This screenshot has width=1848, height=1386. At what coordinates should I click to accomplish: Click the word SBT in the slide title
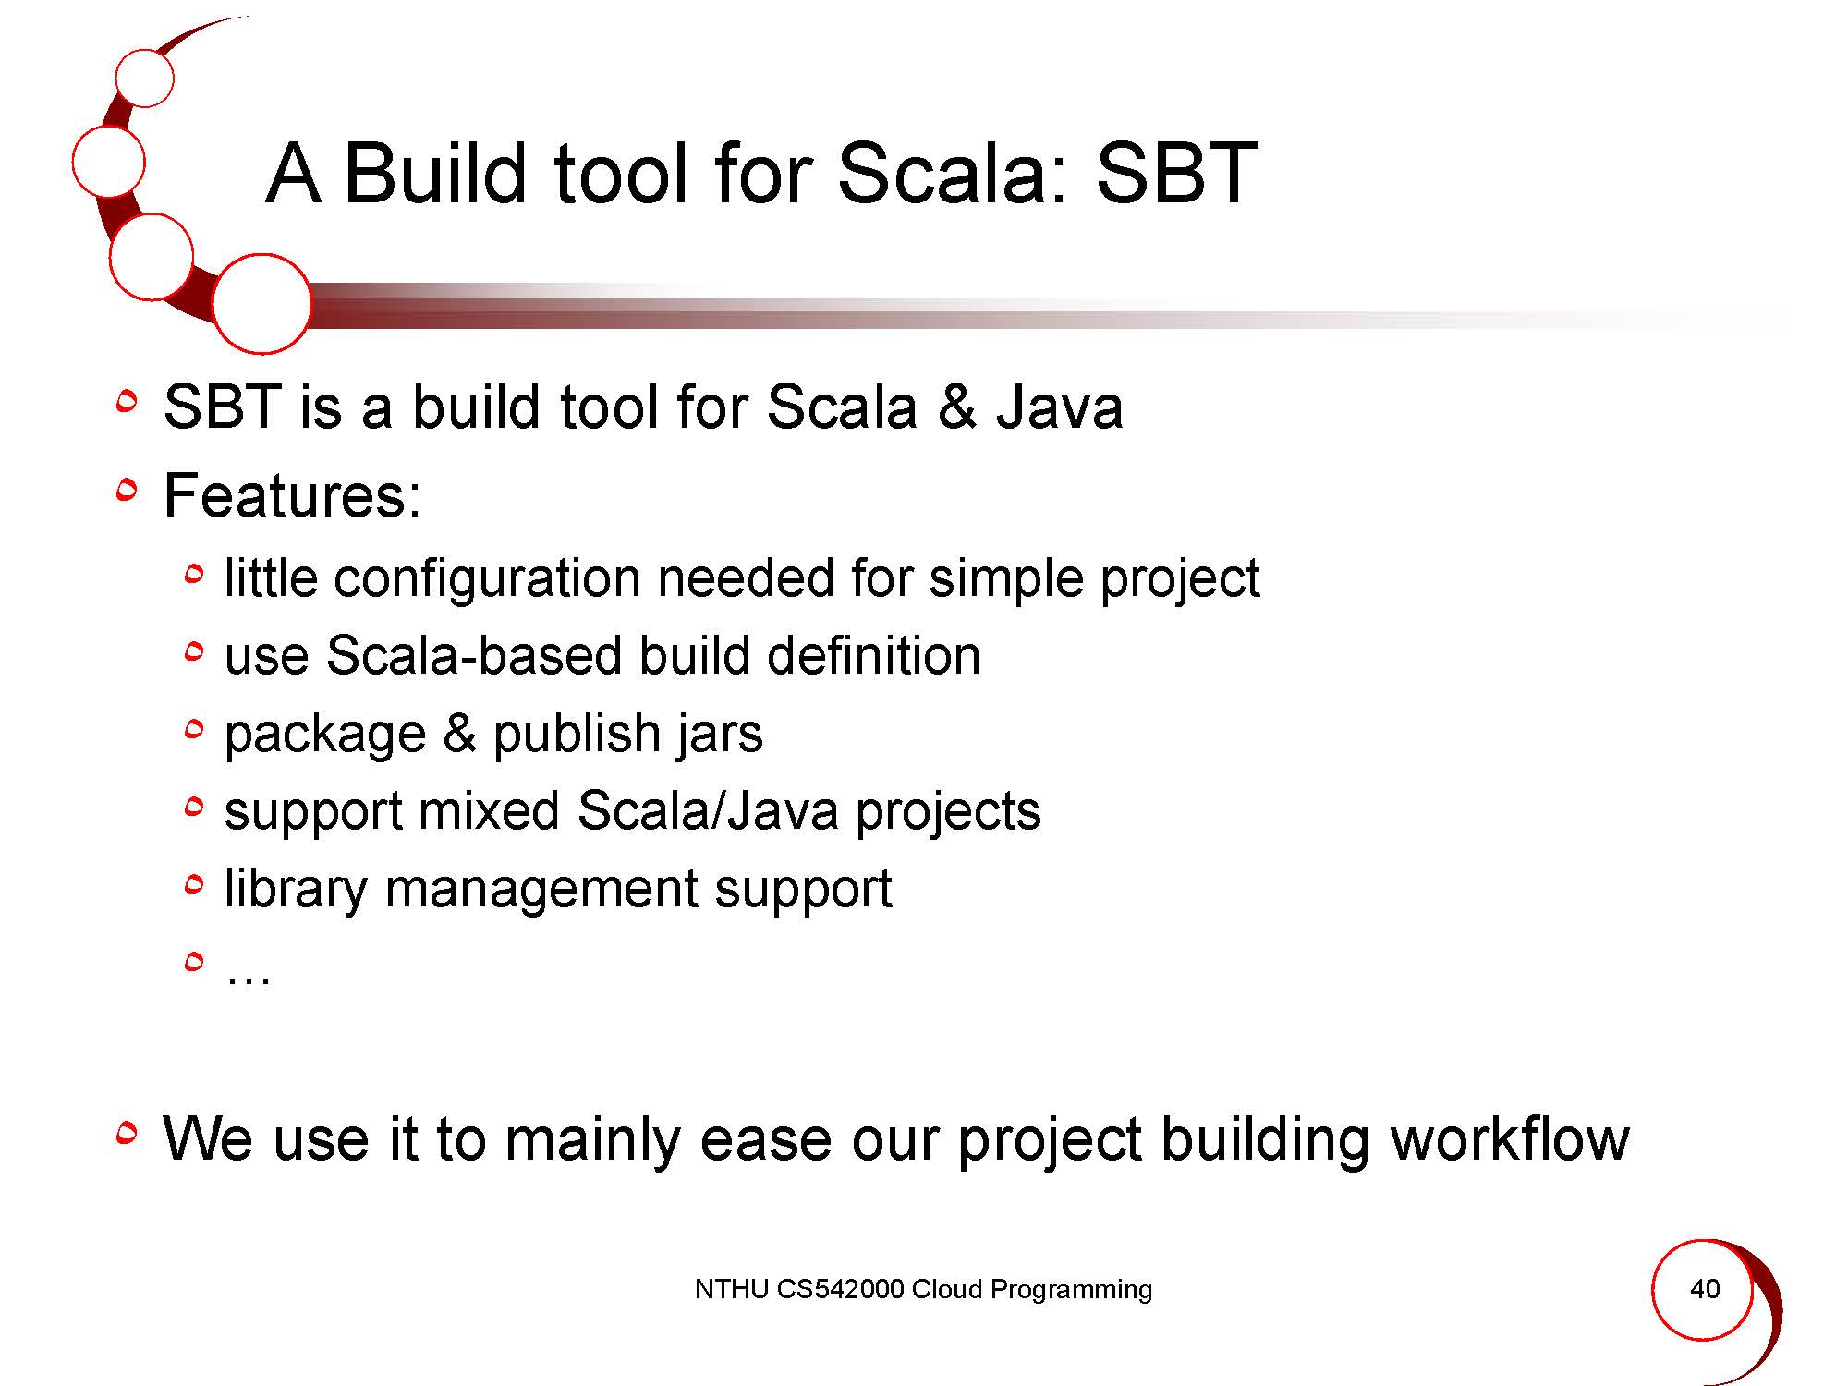point(1176,173)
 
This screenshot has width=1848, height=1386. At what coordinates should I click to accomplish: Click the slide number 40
point(1705,1288)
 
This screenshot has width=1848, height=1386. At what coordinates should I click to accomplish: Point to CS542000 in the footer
point(840,1289)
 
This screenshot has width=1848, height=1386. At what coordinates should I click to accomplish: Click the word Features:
point(293,495)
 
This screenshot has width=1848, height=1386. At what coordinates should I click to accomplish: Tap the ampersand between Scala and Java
point(956,407)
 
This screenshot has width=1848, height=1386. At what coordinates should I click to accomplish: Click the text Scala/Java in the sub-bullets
point(708,811)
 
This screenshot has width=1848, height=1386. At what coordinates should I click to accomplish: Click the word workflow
point(1510,1138)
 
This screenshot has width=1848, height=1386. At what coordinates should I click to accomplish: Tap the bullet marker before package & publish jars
point(193,731)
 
